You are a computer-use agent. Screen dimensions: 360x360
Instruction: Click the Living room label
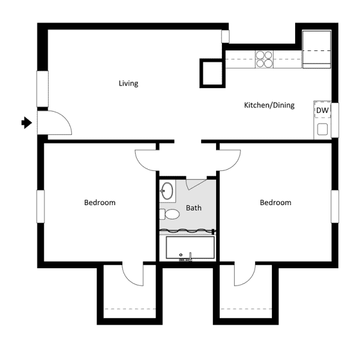(x=128, y=83)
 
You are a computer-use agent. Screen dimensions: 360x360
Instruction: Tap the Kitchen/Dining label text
(x=269, y=106)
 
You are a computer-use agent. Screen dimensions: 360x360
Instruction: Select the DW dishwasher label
(x=322, y=110)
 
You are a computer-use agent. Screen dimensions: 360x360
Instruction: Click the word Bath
(x=193, y=208)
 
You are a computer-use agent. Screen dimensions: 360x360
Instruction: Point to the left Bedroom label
(x=100, y=202)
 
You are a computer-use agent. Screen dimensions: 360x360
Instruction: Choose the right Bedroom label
(x=275, y=202)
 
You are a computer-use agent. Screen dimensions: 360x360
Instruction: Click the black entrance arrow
(x=26, y=122)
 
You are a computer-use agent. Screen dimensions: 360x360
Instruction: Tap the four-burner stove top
(x=264, y=58)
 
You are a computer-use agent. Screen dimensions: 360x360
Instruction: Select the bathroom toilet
(x=170, y=214)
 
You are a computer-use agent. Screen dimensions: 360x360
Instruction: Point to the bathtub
(x=190, y=248)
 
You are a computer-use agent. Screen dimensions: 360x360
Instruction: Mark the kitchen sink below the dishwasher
(x=322, y=128)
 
